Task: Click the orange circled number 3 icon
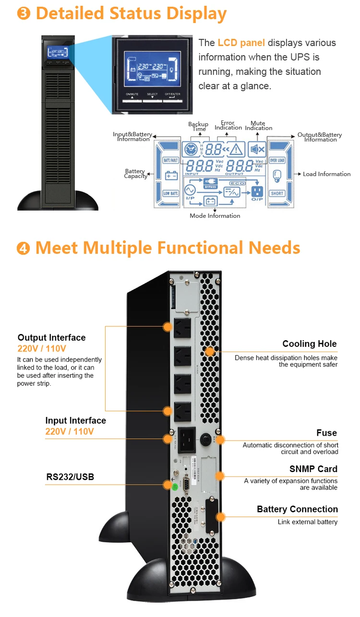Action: pos(23,13)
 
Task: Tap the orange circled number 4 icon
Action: pos(23,248)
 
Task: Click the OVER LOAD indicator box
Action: pos(277,160)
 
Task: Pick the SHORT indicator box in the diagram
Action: pos(277,193)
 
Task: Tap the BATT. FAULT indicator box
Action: pos(171,160)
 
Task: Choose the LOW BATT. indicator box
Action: pos(171,193)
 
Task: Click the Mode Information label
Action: pos(215,216)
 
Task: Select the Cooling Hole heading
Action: pos(309,344)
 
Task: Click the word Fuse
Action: pos(326,433)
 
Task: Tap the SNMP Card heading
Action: pos(313,469)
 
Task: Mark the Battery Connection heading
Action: pos(297,509)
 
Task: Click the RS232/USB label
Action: pos(70,477)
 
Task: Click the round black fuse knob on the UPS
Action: pos(206,439)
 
